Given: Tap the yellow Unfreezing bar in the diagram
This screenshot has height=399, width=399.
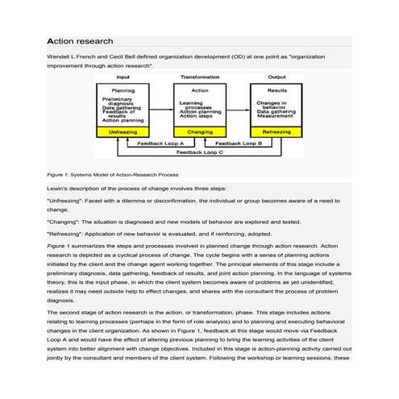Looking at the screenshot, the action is coord(124,130).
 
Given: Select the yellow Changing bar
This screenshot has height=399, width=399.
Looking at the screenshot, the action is coord(199,130).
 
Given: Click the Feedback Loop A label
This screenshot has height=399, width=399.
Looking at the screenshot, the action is coord(161,143).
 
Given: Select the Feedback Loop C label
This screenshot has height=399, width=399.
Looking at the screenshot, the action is coord(201,152).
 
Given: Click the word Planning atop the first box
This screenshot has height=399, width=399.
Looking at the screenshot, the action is coord(123,91).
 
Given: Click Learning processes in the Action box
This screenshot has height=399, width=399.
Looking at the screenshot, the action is coord(194,105).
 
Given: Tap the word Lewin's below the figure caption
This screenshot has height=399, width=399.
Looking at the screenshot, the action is coord(58,186).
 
